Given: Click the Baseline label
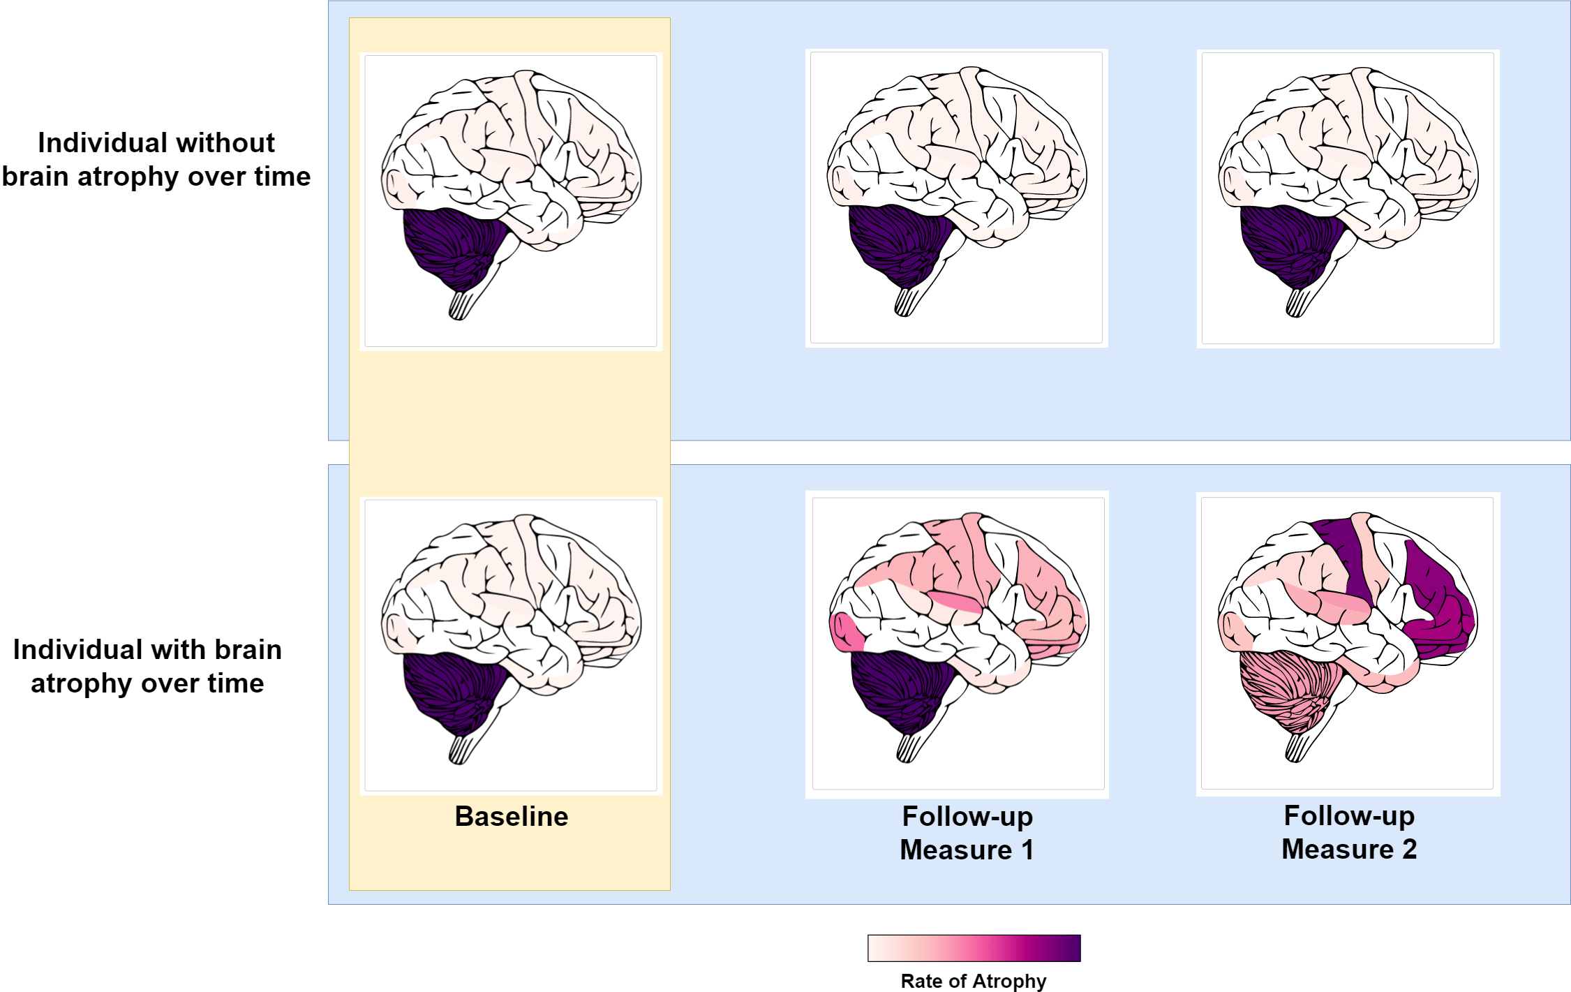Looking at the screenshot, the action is pos(511,816).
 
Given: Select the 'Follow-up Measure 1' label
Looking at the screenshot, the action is pos(967,833).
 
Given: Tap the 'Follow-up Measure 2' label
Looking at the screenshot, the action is pos(1349,832).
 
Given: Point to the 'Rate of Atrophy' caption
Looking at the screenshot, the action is pos(973,981).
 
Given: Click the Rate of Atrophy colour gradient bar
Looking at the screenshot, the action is pos(974,948).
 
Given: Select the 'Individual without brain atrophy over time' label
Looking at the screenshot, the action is pos(156,160).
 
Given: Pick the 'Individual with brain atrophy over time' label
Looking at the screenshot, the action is pos(147,666).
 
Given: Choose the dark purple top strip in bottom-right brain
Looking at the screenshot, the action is pos(1343,551).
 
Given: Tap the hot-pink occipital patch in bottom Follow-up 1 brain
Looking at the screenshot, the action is pos(846,632).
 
